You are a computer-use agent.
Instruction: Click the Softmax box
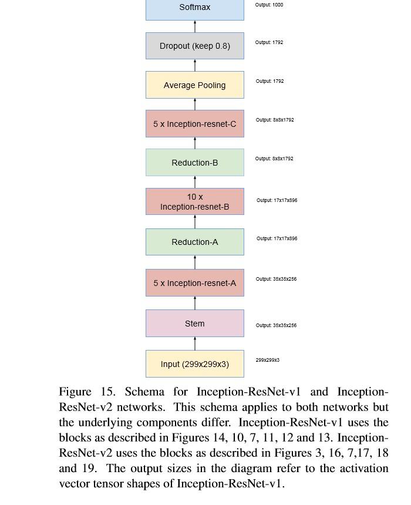tap(195, 8)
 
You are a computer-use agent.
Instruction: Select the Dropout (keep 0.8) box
tap(195, 46)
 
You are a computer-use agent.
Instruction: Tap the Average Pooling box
tap(195, 85)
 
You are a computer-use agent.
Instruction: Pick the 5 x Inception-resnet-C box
tap(195, 124)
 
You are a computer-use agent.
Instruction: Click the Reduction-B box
tap(195, 163)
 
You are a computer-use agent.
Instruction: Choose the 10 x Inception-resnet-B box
tap(195, 201)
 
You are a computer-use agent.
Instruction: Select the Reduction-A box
tap(195, 242)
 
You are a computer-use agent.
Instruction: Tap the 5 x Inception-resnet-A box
tap(195, 283)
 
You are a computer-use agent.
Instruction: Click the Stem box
tap(195, 324)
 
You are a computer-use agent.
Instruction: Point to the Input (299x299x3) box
tap(195, 364)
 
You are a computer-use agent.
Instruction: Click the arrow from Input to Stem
tap(195, 344)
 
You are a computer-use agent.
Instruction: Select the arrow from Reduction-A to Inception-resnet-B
tap(195, 222)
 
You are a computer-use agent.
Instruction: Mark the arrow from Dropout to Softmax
tap(195, 26)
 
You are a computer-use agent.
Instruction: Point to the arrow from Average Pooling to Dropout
tap(195, 65)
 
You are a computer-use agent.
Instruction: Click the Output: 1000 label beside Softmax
tap(269, 5)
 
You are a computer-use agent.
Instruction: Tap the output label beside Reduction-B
tap(274, 159)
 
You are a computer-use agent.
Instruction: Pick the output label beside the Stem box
tap(276, 325)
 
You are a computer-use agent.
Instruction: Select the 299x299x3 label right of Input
tap(267, 360)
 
